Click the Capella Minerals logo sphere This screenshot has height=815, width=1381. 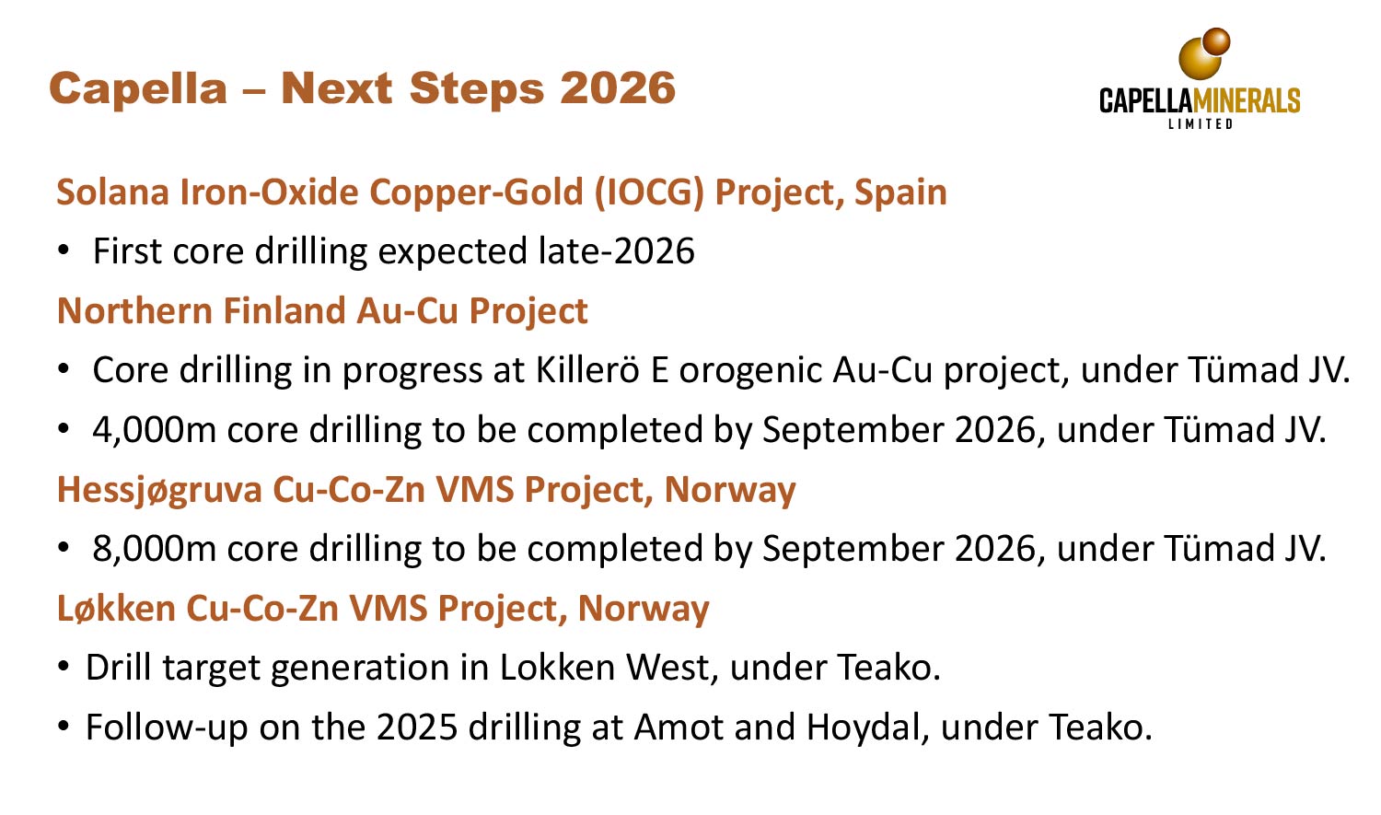click(1202, 55)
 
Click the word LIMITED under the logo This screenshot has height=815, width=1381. click(1200, 123)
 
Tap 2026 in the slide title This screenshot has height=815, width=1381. click(618, 89)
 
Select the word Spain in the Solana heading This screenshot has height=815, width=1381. click(900, 192)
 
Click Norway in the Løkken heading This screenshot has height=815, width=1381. click(644, 609)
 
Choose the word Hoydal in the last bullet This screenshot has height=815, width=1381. click(865, 728)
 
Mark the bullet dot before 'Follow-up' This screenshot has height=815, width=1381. click(64, 728)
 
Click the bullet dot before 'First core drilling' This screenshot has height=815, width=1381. click(64, 251)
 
